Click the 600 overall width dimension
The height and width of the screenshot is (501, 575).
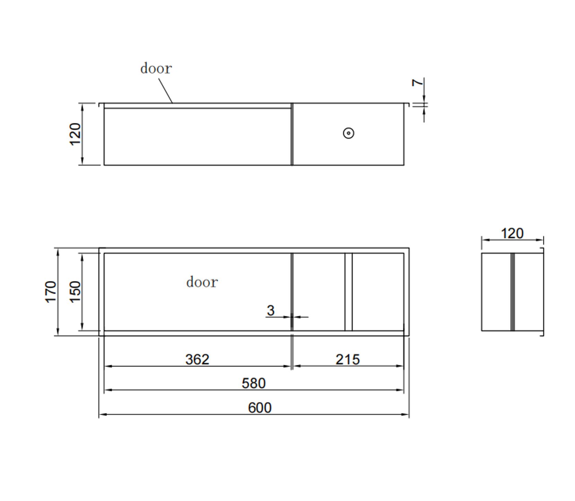(259, 408)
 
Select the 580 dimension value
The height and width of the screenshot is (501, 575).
(254, 383)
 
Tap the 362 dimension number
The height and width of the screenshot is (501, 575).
(197, 359)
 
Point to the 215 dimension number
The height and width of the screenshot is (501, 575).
(347, 359)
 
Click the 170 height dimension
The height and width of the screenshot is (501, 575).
(51, 292)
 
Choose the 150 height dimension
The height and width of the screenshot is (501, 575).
(75, 292)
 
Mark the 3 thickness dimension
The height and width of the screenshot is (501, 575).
(271, 310)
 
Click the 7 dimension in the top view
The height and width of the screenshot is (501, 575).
(418, 82)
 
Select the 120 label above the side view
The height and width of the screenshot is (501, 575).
(512, 233)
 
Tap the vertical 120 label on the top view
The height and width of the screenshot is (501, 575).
(75, 134)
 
